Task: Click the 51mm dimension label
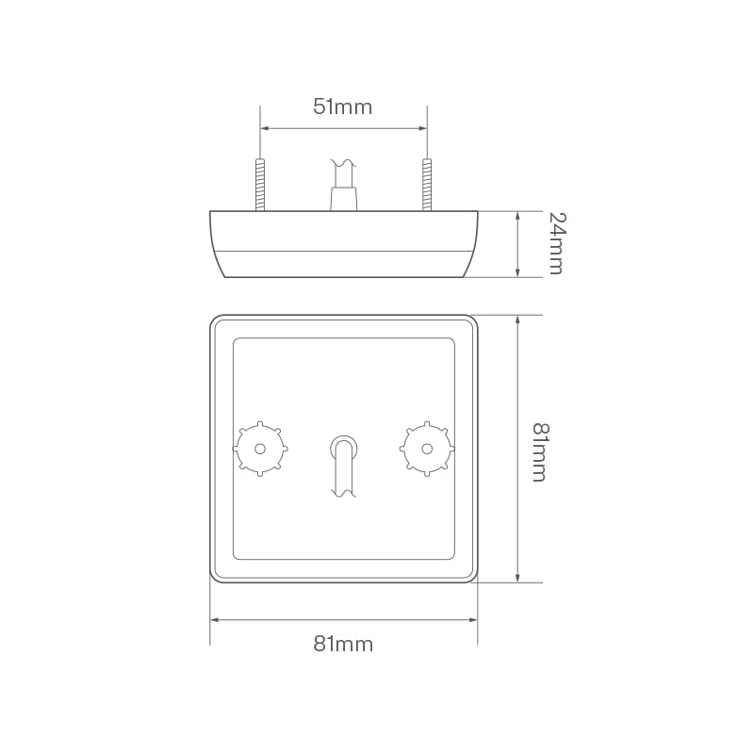click(343, 107)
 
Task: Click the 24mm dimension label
click(555, 243)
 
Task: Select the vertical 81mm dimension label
click(538, 451)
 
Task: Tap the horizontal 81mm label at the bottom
click(343, 645)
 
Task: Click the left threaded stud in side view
click(260, 185)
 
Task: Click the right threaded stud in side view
click(427, 185)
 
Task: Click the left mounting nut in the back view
click(260, 449)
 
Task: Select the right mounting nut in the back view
click(427, 449)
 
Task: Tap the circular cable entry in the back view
click(343, 446)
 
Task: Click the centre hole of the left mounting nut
click(260, 449)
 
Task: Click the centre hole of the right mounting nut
click(427, 449)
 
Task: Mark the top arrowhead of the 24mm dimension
click(517, 216)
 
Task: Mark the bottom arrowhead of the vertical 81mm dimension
click(517, 577)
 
